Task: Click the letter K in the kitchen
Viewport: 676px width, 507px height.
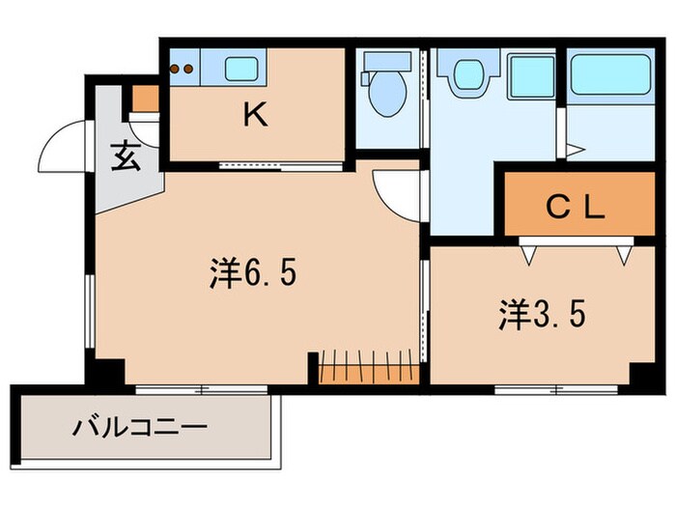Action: point(254,116)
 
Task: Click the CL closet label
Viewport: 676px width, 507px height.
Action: point(576,206)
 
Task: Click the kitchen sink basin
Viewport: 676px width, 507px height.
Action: point(238,69)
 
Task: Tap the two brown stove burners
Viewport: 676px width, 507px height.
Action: point(182,69)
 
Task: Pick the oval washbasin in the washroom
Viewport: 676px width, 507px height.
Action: point(468,73)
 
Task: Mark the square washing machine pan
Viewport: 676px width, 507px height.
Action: point(529,73)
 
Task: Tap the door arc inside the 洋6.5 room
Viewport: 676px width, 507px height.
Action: point(394,191)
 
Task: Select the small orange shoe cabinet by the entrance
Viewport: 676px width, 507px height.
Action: point(144,99)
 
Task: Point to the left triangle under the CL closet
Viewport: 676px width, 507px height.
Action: point(529,254)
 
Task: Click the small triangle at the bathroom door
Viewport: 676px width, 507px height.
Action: point(573,150)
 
